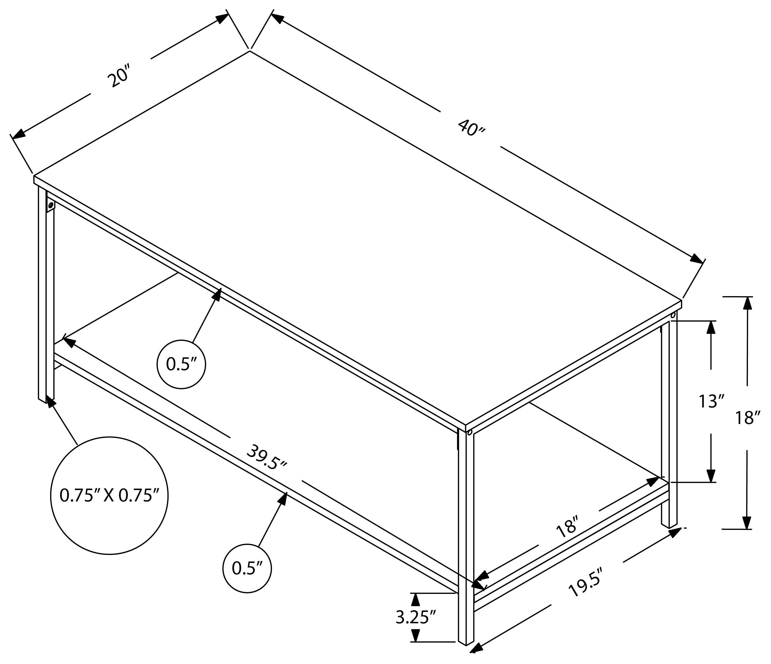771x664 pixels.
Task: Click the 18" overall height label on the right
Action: pyautogui.click(x=747, y=418)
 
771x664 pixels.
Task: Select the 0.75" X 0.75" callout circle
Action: pyautogui.click(x=109, y=496)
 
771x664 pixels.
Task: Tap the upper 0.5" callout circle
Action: pyautogui.click(x=181, y=364)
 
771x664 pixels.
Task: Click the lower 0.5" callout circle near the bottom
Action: pyautogui.click(x=247, y=568)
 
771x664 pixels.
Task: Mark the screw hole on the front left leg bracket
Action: pyautogui.click(x=51, y=205)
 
